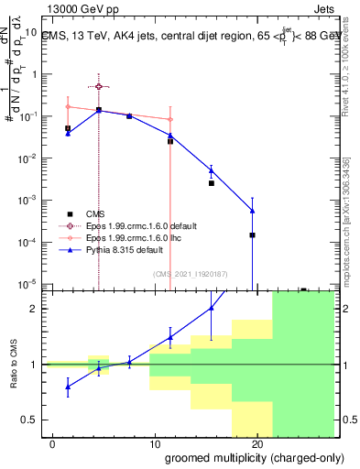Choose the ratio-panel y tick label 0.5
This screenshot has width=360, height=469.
(28, 420)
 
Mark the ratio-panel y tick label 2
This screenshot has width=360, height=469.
(33, 309)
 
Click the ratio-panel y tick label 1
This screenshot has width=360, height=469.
(33, 365)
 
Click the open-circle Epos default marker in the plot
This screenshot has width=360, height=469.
(99, 86)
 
